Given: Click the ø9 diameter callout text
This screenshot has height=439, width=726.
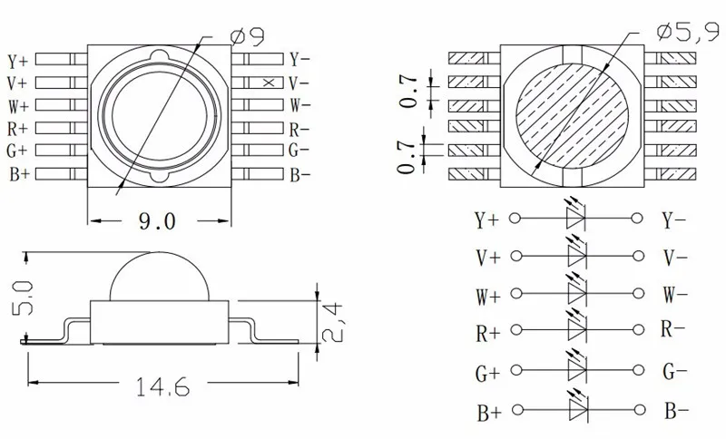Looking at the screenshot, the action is (x=247, y=36).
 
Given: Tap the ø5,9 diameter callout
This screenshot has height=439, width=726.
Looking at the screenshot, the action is (x=688, y=32).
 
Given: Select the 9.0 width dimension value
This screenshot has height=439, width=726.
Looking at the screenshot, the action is (x=157, y=221).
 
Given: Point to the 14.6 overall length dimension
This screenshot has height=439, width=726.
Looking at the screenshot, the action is (x=163, y=386).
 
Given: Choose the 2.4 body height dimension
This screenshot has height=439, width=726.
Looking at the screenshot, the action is (x=332, y=322).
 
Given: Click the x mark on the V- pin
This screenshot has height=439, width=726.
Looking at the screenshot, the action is (x=269, y=83).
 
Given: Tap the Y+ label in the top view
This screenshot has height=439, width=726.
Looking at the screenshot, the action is (x=17, y=61).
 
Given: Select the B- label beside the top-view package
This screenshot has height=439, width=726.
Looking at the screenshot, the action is (x=300, y=175).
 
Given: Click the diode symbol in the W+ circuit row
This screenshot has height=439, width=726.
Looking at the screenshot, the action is (x=577, y=293).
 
